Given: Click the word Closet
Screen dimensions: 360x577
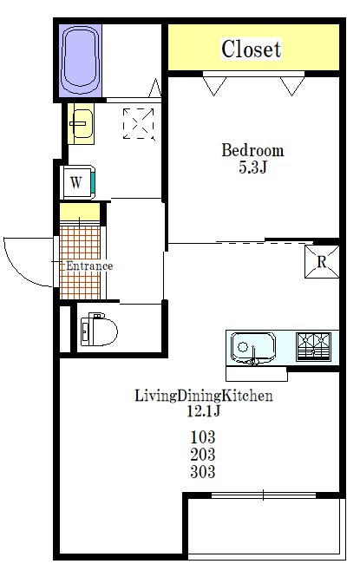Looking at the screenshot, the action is coord(252,49).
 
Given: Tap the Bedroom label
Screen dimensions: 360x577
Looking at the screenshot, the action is coord(252,150).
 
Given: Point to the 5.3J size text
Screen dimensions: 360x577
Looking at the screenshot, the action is coord(252,167).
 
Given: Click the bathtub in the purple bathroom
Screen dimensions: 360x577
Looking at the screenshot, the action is coord(81,61).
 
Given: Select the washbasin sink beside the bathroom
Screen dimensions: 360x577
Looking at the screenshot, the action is coord(82,123).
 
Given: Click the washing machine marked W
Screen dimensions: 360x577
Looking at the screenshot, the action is coord(78,182).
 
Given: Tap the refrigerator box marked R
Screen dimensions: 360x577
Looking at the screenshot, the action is coord(322,262).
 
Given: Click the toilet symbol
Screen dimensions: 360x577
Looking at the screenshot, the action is coord(99,330).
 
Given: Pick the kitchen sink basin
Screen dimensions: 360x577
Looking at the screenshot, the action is coord(253,348).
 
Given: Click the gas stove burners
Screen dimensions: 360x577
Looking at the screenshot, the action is coord(314,346).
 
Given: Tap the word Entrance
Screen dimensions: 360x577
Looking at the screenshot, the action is coord(89,266).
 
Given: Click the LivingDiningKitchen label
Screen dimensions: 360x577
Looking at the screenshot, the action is coord(204,396).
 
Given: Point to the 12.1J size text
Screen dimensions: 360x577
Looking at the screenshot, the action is coord(203,410).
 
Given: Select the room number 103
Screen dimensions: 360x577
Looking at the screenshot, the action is coord(203,437).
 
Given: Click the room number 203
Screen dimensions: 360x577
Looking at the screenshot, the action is coord(203,455).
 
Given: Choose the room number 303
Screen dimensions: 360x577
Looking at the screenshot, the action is coord(203,471).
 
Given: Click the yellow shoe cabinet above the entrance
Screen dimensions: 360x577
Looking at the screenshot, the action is coord(80,212).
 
